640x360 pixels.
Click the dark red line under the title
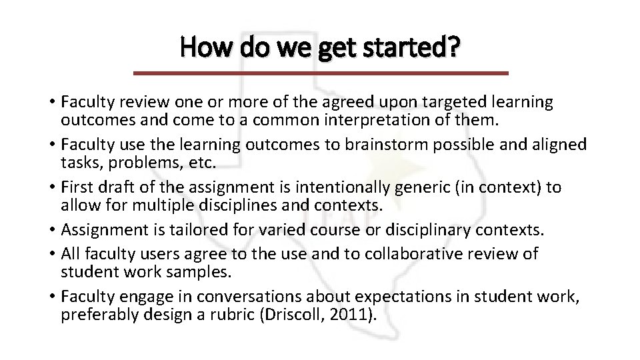tap(321, 73)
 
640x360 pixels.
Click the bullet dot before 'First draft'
tap(53, 188)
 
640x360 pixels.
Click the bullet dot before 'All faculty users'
tap(53, 254)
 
